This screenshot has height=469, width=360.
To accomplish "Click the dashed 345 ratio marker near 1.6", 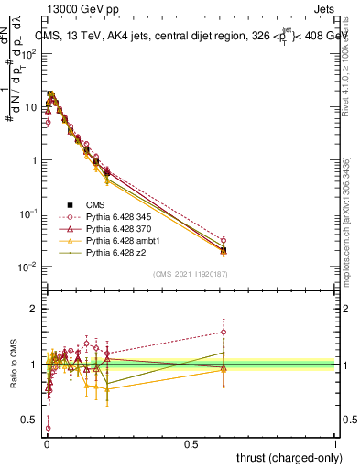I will tap(223, 332).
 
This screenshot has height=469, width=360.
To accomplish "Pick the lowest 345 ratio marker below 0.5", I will tap(48, 427).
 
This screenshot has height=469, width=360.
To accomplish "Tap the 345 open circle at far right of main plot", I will tap(223, 241).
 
